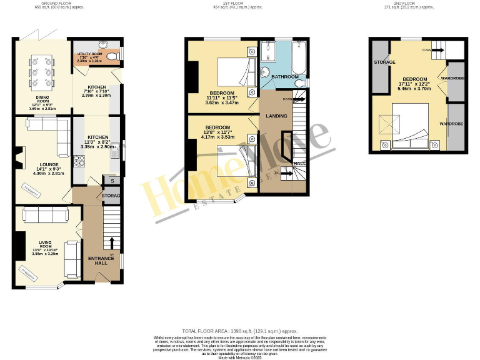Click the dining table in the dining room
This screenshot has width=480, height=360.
coord(40,72)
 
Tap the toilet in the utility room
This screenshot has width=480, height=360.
coord(112,57)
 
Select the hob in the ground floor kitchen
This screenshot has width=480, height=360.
coord(80,161)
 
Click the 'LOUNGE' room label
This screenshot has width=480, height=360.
coord(32,164)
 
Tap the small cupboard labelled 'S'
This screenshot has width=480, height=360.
coord(112,181)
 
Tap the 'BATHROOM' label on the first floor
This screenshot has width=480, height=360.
coord(284,76)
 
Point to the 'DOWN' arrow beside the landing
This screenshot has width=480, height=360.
coord(288,99)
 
